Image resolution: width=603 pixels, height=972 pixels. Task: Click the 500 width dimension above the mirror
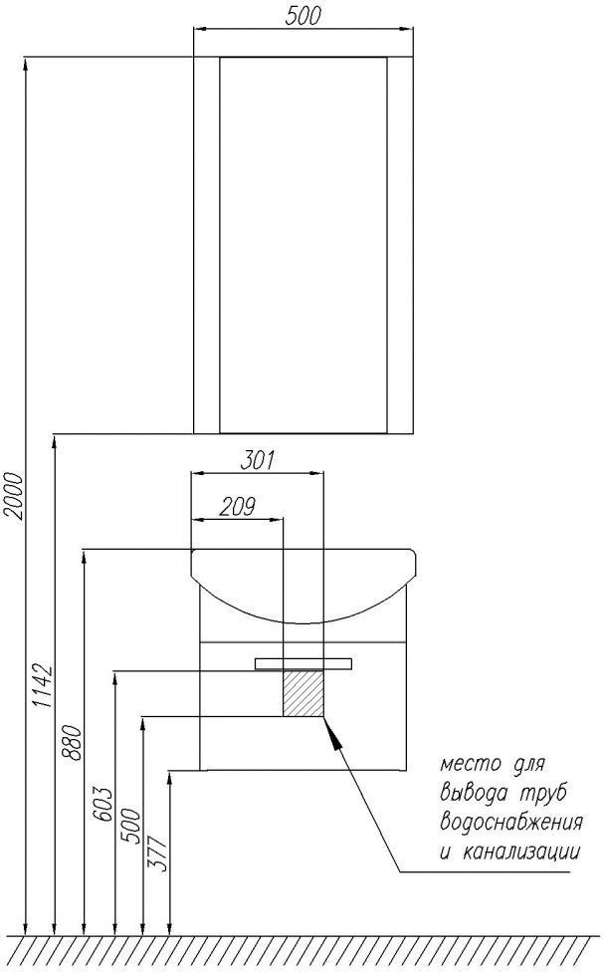point(302,16)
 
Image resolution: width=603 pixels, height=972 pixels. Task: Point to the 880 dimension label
point(72,743)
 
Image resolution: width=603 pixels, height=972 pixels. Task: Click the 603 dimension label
point(103,805)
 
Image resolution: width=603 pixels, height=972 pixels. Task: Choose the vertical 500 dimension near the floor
point(131,826)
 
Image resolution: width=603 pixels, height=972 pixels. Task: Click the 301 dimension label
point(257,460)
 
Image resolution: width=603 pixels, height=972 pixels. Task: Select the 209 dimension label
point(238,507)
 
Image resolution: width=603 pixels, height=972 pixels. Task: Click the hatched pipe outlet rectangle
point(303,693)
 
